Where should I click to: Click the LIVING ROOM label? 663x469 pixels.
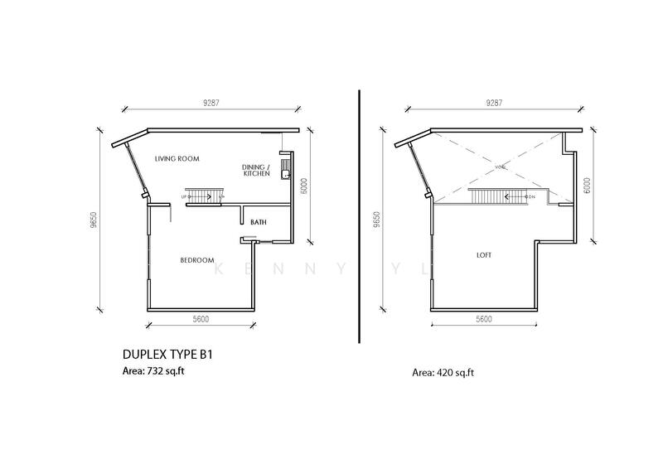pyautogui.click(x=178, y=158)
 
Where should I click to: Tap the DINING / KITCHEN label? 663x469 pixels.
pyautogui.click(x=254, y=170)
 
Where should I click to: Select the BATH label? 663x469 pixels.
pyautogui.click(x=258, y=222)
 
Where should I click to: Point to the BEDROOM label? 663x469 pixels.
pyautogui.click(x=197, y=260)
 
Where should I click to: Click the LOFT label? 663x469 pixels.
pyautogui.click(x=483, y=255)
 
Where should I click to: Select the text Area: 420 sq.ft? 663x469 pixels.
pyautogui.click(x=444, y=373)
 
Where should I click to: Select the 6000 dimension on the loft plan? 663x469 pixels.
pyautogui.click(x=587, y=184)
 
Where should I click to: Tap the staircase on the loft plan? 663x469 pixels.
pyautogui.click(x=496, y=196)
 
